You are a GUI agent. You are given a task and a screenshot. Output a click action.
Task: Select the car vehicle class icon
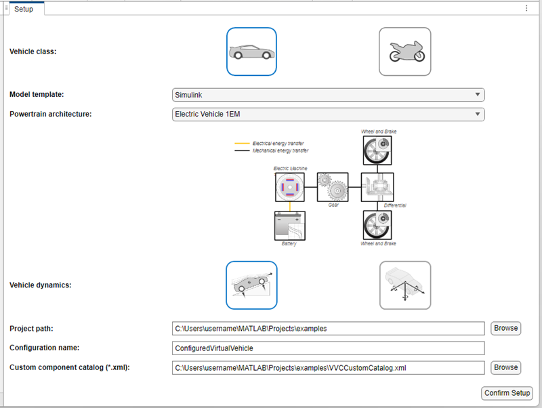(251, 52)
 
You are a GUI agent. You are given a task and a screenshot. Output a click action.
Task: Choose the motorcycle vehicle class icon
(404, 52)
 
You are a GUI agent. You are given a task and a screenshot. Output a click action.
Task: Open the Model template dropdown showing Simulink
(329, 95)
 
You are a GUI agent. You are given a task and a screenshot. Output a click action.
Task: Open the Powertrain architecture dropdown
(329, 114)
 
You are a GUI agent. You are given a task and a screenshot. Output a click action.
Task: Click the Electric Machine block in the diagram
(289, 187)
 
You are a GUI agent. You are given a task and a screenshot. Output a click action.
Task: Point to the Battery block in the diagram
(289, 226)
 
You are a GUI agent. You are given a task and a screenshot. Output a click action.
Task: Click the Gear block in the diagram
(333, 186)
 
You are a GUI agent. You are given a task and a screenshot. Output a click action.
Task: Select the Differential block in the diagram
(377, 186)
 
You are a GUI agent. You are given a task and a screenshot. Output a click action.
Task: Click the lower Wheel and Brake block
(377, 225)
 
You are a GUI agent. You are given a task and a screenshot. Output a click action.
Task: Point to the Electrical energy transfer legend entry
(278, 144)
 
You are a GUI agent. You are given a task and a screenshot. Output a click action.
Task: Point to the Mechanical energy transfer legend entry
(279, 151)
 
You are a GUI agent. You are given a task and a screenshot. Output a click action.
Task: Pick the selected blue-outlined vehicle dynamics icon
(251, 285)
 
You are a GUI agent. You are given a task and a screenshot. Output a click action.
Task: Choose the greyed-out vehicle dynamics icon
(404, 285)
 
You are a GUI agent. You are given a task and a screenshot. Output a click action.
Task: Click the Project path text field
(329, 328)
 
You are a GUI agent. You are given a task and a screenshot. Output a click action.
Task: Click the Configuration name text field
(329, 348)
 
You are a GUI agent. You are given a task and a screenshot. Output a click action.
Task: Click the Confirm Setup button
(507, 393)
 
